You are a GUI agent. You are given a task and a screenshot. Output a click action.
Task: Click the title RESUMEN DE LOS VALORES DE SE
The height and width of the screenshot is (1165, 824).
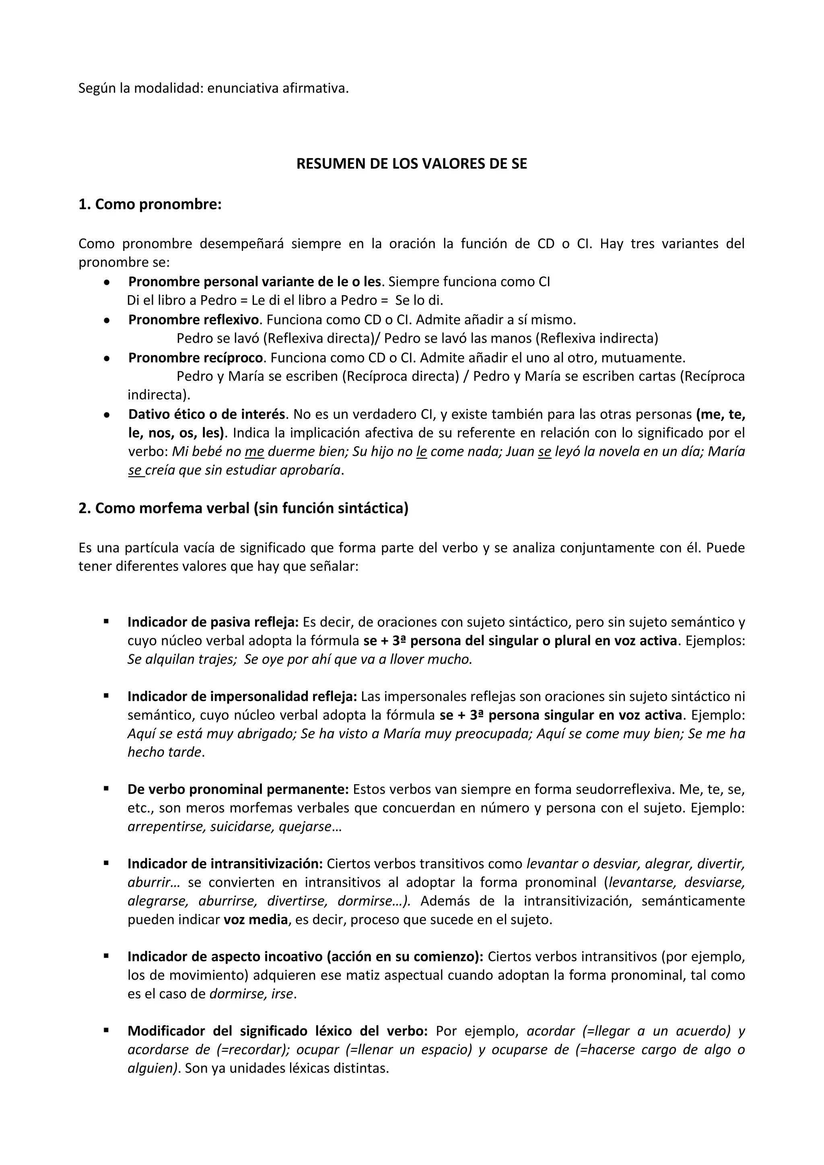(x=411, y=164)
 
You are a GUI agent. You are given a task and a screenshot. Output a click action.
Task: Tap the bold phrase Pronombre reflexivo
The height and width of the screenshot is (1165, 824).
(x=194, y=320)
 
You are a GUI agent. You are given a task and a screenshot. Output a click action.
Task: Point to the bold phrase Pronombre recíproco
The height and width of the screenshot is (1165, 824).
(x=196, y=358)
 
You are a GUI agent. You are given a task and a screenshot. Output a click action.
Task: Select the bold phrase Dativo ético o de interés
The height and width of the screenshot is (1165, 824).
(x=206, y=415)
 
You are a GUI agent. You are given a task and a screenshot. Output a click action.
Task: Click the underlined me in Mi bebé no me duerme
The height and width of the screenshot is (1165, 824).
(x=254, y=452)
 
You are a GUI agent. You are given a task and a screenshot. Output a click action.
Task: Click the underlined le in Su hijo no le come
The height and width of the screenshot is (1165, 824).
(x=421, y=452)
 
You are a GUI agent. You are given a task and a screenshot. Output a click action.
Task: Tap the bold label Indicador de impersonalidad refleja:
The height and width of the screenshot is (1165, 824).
(x=242, y=697)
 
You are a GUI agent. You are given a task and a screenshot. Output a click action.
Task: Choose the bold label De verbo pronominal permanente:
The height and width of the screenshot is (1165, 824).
(x=238, y=789)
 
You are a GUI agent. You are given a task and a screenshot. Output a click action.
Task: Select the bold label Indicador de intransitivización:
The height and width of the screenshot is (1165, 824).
(x=225, y=864)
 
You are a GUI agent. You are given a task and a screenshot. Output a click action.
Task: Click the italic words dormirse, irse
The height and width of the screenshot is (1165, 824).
(x=251, y=994)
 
